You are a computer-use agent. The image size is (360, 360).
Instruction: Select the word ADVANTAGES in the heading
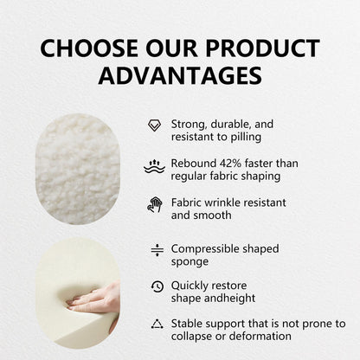(x=180, y=75)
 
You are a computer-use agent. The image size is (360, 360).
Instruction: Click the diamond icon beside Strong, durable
(x=155, y=125)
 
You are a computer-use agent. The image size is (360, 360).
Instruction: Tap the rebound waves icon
(x=155, y=165)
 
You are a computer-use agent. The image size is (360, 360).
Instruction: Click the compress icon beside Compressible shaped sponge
(x=157, y=250)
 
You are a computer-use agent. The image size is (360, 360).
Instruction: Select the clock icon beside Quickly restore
(x=157, y=286)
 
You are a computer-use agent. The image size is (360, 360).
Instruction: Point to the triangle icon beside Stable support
(x=157, y=325)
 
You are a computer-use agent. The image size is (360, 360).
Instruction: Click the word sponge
(x=190, y=261)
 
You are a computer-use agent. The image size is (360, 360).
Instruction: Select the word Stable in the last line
(x=188, y=324)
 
